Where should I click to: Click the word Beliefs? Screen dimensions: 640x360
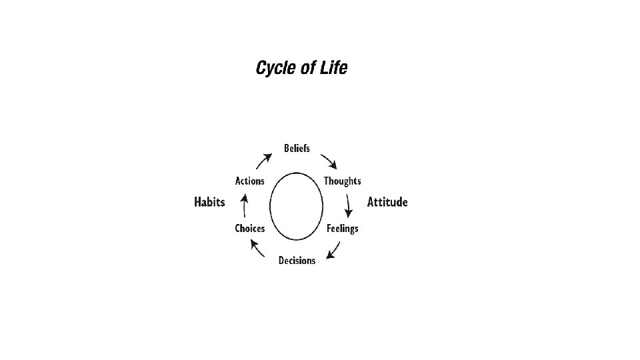297,148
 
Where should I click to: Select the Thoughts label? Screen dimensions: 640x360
342,181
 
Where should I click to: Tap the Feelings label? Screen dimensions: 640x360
342,229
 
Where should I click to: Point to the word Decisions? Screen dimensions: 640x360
297,261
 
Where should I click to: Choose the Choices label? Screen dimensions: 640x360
249,229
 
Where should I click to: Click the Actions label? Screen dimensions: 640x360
249,181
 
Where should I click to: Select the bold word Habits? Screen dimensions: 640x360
209,202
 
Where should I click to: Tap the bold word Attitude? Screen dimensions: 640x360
387,202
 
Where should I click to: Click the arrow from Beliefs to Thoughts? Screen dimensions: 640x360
329,161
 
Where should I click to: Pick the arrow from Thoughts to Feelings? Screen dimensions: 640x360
348,205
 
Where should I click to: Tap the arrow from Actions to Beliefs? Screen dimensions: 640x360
263,161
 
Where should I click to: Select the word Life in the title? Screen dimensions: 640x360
334,68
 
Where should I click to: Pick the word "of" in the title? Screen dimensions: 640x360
308,68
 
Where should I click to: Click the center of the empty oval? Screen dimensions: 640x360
297,206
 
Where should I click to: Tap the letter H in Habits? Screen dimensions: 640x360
198,202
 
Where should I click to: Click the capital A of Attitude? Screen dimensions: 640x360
371,202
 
